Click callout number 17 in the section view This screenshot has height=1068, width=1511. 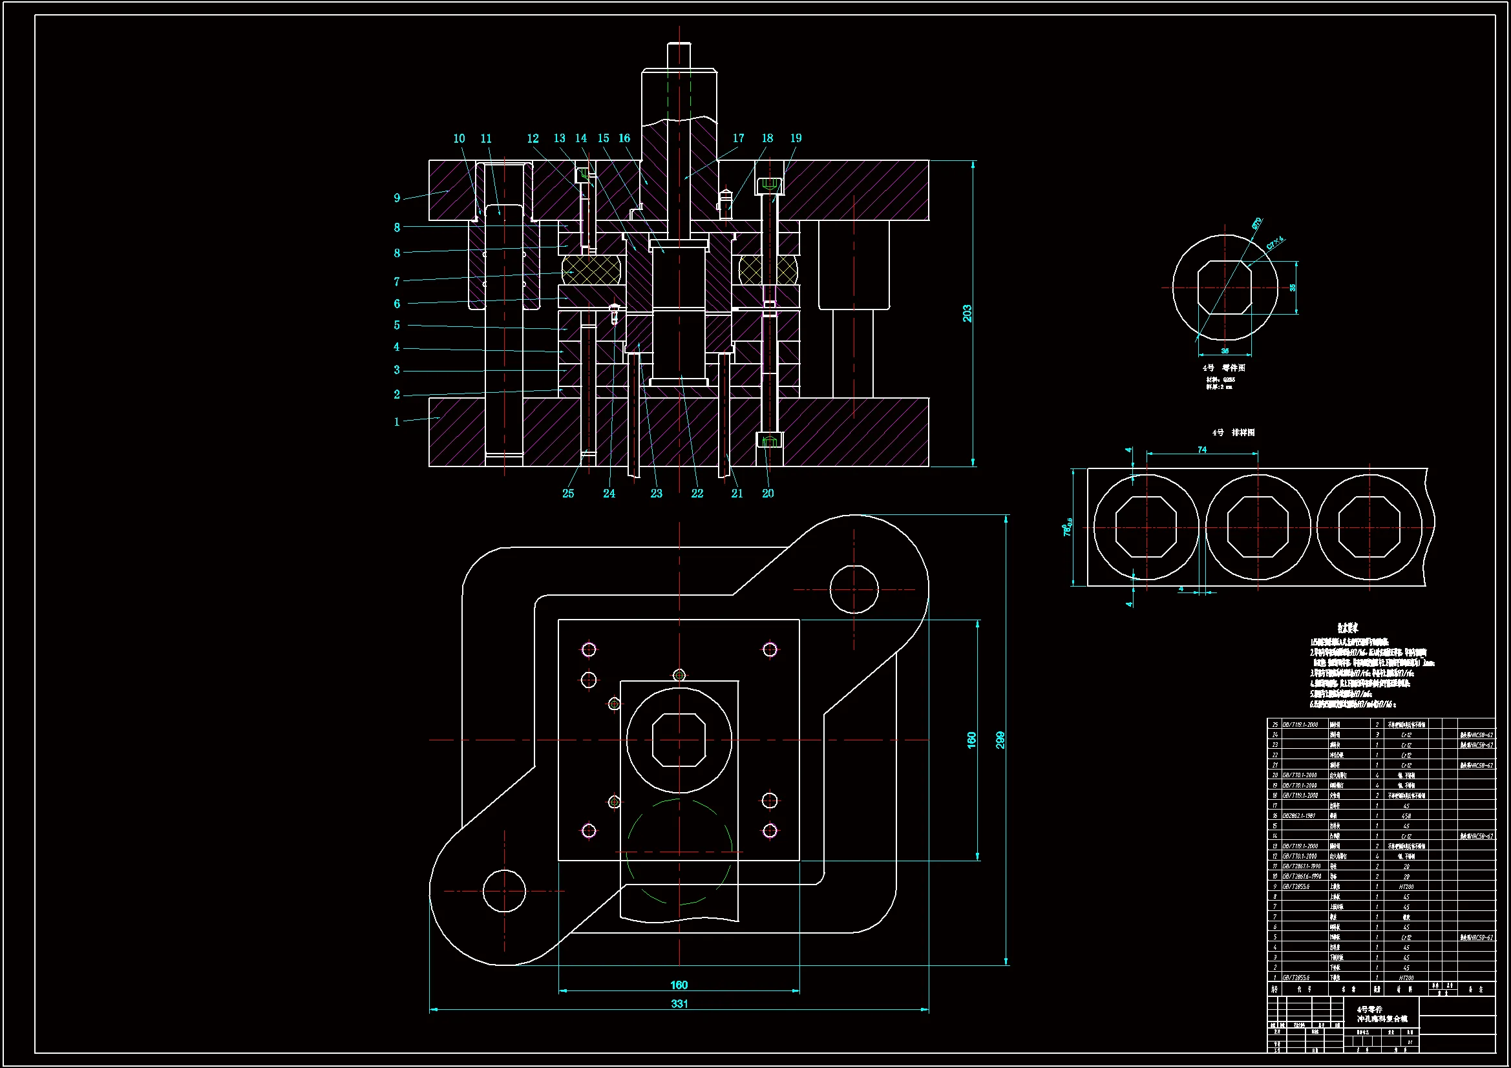(739, 138)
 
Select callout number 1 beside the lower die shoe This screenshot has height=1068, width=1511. (397, 422)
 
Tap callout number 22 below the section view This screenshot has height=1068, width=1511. (697, 494)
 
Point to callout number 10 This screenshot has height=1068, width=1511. (459, 139)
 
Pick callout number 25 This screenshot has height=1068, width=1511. (568, 494)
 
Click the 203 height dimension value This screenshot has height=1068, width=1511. (967, 313)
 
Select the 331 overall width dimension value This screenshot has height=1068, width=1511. (679, 1003)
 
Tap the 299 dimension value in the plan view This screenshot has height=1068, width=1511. (1000, 740)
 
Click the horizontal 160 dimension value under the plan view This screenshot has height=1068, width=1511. (679, 985)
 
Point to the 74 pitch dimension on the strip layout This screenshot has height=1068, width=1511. (1201, 450)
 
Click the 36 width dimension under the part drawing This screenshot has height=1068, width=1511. (1225, 351)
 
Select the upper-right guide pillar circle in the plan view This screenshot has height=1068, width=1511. (854, 590)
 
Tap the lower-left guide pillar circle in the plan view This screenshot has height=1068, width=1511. (504, 891)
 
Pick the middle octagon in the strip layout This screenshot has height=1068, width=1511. (1258, 527)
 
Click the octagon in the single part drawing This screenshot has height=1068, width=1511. (1224, 288)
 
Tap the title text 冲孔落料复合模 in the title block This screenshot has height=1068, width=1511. (1382, 1020)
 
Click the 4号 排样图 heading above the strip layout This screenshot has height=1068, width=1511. (1233, 432)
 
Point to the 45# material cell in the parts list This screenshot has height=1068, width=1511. (1406, 816)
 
